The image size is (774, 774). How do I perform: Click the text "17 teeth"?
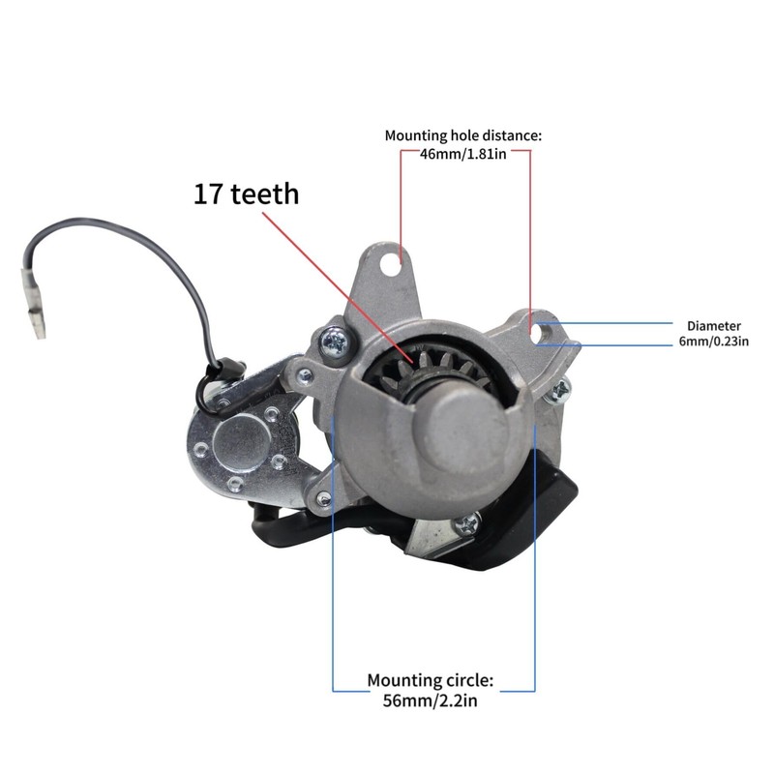point(246,193)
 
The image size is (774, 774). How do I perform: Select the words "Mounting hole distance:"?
point(463,135)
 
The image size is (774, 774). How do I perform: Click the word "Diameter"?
point(713,326)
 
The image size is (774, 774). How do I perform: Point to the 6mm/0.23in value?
point(713,341)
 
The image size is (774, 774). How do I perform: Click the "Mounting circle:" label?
point(431,681)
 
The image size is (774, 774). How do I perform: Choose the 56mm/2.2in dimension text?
point(431,700)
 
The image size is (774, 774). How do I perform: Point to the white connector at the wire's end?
point(38,318)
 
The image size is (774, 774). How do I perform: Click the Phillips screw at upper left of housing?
point(335,341)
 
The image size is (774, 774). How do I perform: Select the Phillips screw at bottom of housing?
point(469,523)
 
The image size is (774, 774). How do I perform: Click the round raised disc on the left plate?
point(238,443)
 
